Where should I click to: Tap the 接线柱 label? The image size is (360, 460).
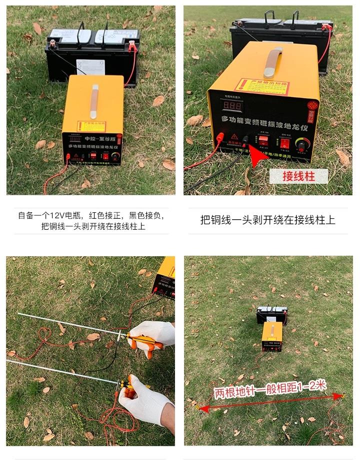298,176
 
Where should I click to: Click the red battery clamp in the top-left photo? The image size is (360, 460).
132,48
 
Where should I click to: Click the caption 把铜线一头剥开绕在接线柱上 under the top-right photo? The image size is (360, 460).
267,220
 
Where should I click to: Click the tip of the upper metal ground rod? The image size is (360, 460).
18,314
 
